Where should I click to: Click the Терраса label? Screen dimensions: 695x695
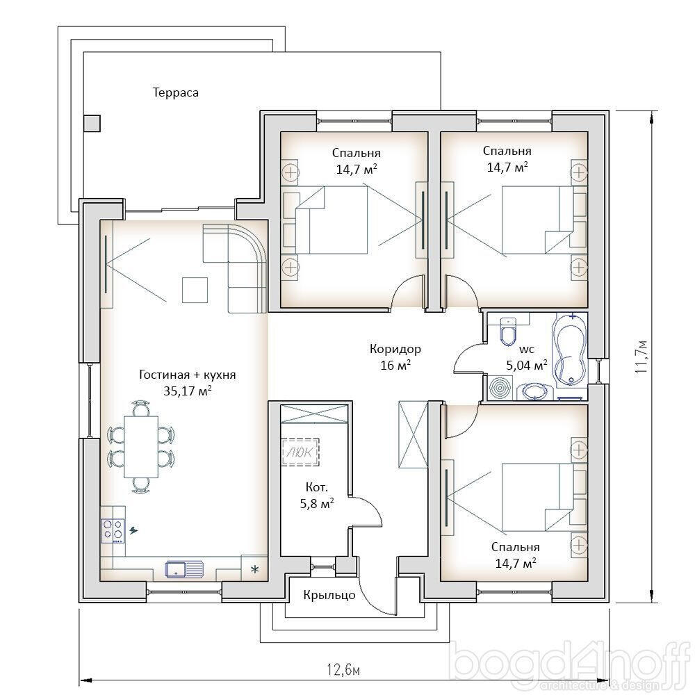pyautogui.click(x=176, y=92)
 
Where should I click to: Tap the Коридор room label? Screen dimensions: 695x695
pyautogui.click(x=395, y=350)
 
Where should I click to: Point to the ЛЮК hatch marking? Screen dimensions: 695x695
pyautogui.click(x=300, y=452)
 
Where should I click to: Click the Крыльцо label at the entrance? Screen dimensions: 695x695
pyautogui.click(x=329, y=595)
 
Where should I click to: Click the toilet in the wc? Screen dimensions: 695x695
pyautogui.click(x=508, y=331)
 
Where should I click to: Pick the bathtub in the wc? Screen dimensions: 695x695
pyautogui.click(x=570, y=349)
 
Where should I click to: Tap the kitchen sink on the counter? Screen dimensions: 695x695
pyautogui.click(x=184, y=569)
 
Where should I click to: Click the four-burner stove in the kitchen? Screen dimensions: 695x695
pyautogui.click(x=113, y=530)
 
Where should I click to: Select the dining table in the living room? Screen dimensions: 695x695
pyautogui.click(x=141, y=446)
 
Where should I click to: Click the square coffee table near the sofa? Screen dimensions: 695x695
pyautogui.click(x=195, y=290)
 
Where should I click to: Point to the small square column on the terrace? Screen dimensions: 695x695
pyautogui.click(x=92, y=123)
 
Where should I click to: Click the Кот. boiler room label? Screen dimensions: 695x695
pyautogui.click(x=317, y=488)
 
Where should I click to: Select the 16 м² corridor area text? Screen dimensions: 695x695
pyautogui.click(x=395, y=366)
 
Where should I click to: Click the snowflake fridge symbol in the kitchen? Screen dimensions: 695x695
pyautogui.click(x=255, y=569)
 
